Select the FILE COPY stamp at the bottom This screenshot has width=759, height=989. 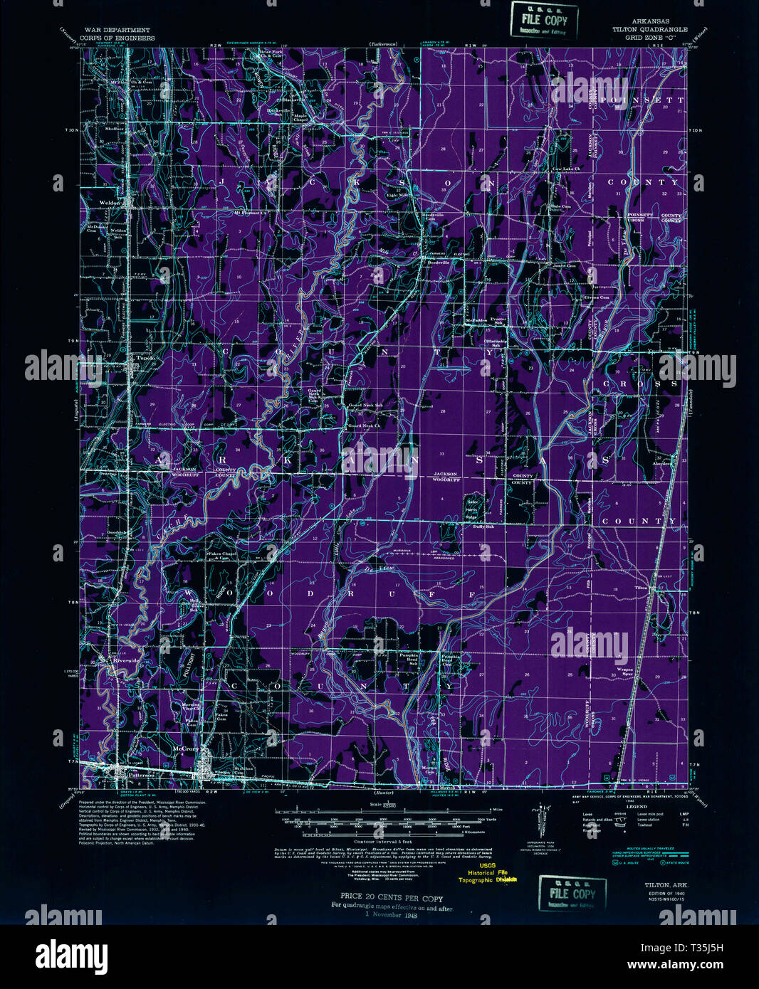[572, 894]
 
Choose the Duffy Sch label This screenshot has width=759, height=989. [473, 527]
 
